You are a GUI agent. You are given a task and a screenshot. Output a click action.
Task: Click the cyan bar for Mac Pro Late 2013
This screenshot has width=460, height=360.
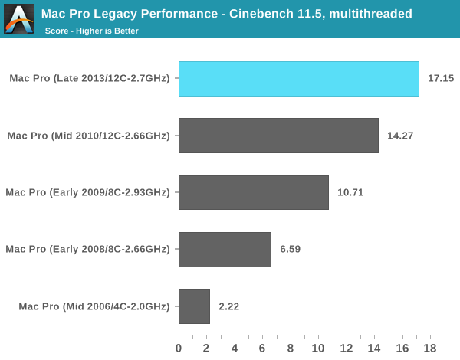[299, 79]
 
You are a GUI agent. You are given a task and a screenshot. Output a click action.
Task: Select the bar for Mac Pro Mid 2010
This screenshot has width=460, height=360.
[278, 136]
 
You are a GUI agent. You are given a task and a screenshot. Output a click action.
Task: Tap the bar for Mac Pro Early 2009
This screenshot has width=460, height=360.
[254, 192]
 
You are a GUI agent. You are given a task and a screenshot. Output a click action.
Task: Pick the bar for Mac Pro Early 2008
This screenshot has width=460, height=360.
[225, 249]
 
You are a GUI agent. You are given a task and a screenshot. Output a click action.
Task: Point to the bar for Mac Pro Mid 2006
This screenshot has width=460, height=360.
[194, 306]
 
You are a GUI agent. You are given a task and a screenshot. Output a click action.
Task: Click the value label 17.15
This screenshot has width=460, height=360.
[439, 79]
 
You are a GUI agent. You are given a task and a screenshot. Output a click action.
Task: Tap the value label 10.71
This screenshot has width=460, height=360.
[349, 192]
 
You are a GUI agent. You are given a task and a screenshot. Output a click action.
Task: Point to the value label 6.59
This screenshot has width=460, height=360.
[289, 249]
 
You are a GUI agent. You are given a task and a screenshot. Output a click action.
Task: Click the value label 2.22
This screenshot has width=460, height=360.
[228, 306]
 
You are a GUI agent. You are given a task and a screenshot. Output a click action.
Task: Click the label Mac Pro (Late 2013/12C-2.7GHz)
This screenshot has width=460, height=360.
[90, 79]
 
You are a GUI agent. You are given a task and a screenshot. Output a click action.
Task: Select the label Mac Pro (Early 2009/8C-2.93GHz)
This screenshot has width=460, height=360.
[87, 192]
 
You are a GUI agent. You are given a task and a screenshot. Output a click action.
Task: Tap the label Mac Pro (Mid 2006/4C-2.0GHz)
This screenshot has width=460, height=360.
[94, 306]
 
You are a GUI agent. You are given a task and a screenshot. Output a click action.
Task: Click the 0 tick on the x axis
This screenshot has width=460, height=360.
[179, 348]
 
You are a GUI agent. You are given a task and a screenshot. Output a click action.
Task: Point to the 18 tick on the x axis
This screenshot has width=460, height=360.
[429, 348]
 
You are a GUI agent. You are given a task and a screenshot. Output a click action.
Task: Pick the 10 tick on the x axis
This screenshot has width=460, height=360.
[318, 348]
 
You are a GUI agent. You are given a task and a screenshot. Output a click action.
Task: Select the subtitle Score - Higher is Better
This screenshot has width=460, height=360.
[92, 31]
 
